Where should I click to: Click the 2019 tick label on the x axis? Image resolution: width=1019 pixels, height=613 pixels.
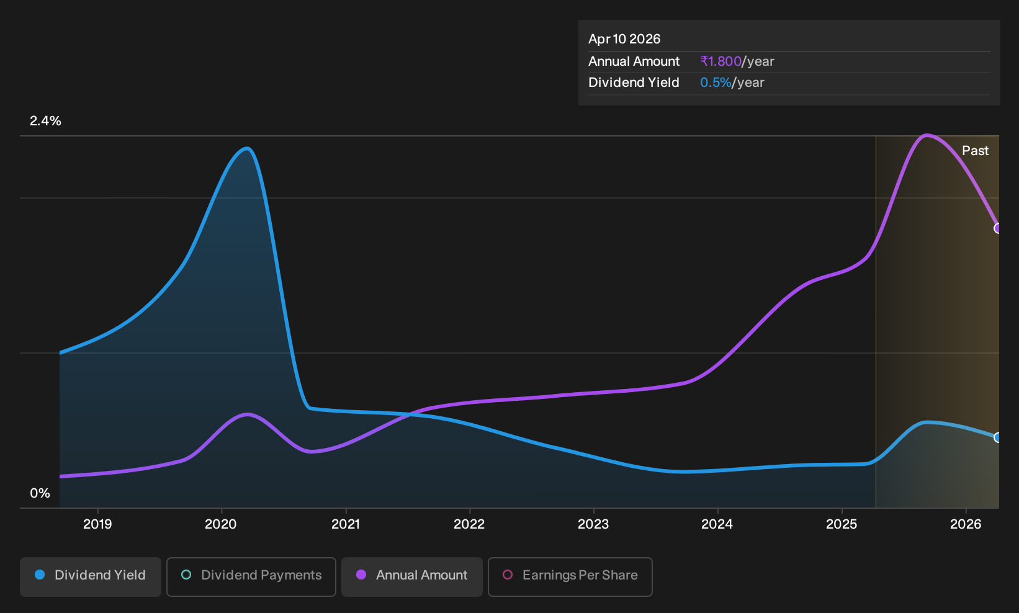point(97,524)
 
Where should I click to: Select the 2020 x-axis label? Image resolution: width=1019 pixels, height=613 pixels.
point(221,524)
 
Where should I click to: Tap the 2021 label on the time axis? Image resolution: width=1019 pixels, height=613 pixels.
point(346,524)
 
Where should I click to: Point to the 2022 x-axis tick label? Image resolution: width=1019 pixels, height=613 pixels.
point(469,524)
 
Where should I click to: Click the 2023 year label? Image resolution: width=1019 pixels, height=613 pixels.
point(593,524)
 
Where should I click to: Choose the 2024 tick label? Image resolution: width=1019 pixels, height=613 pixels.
point(717,524)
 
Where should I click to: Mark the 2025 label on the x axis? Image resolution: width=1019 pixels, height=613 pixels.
point(842,524)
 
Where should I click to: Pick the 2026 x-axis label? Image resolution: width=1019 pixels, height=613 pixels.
point(966,524)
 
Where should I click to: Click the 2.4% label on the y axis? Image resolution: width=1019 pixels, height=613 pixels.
point(45,121)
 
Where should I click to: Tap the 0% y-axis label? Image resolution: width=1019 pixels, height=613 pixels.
point(40,493)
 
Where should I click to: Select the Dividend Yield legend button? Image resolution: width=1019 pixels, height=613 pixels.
point(91,576)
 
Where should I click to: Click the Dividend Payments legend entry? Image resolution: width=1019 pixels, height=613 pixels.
point(251,576)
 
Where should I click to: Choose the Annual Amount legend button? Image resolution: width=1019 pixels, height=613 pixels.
point(411,576)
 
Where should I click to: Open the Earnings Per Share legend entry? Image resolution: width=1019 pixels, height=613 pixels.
point(570,576)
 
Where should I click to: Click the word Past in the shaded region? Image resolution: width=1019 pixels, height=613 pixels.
point(976,151)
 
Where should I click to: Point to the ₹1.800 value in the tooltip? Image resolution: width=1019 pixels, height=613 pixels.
point(721,61)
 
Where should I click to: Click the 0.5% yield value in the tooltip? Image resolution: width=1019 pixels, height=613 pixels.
point(716,83)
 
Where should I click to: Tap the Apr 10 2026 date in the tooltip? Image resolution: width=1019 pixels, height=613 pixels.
point(624,39)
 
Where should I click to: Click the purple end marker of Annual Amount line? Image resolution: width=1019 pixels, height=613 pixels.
point(998,228)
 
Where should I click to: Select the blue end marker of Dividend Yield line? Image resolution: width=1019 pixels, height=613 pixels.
point(998,437)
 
